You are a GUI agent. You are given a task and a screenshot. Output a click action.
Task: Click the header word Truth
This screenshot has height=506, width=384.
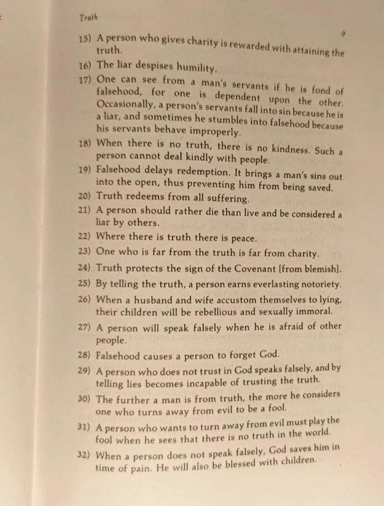point(88,19)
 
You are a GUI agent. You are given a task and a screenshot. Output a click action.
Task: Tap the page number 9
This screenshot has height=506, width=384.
point(343,34)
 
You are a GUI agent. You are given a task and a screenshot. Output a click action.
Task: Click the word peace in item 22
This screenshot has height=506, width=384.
point(242,239)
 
